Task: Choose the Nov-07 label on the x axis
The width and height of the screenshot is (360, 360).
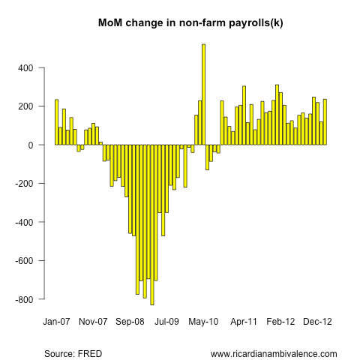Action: (x=93, y=321)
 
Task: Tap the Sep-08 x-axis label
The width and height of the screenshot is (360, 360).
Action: (x=130, y=321)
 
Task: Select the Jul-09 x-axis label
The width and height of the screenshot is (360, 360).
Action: (x=166, y=321)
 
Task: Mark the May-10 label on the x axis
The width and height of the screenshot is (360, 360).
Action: (x=204, y=321)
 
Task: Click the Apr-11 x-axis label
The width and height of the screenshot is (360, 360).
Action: (x=244, y=321)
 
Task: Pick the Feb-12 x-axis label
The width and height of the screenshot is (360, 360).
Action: (x=281, y=321)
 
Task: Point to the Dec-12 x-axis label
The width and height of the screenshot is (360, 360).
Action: (x=318, y=321)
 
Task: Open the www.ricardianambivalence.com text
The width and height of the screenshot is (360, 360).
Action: (x=274, y=354)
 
